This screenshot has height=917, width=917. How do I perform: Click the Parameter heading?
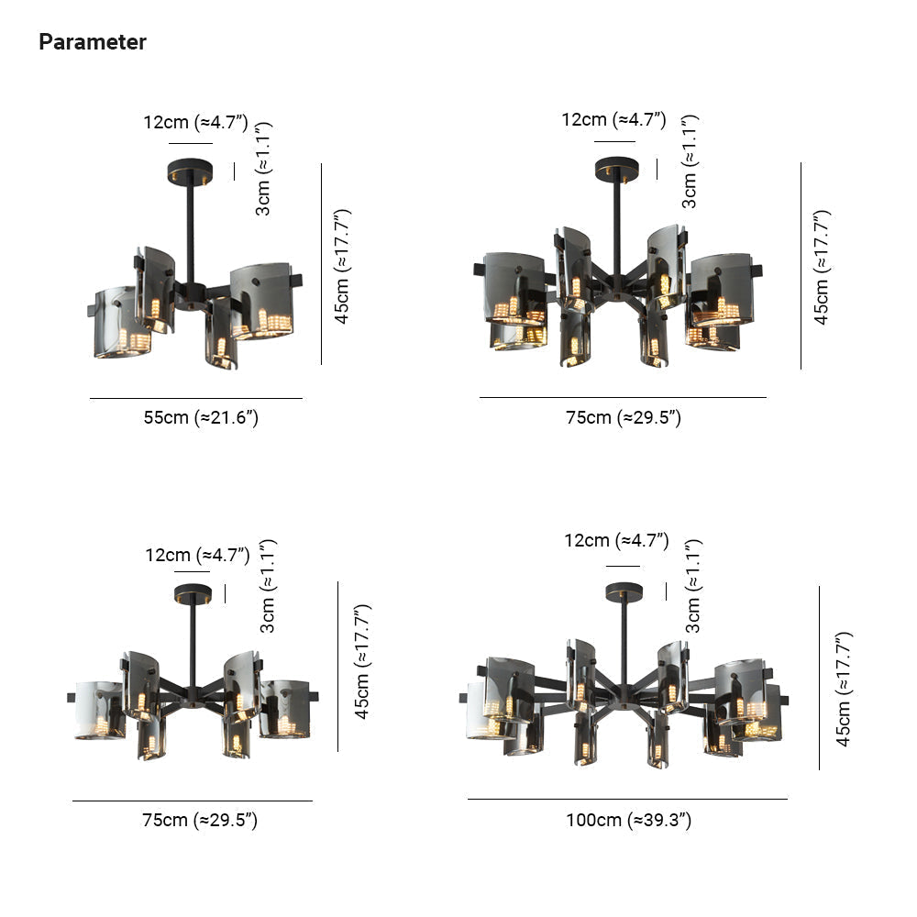93,42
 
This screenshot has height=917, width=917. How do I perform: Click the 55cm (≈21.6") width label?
201,417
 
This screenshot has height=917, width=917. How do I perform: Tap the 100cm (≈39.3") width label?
628,820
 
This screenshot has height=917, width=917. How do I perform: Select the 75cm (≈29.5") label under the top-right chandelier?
623,417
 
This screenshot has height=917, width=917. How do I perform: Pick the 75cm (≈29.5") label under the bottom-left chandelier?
199,820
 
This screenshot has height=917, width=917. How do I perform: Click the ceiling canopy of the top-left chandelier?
190,172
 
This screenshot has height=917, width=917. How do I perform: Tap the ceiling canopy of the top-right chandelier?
616,169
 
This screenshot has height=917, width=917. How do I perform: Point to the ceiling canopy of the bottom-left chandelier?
193,593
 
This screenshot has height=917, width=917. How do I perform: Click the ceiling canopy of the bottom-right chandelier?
624,591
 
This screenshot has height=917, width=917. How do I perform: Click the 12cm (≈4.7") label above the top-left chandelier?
195,122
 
